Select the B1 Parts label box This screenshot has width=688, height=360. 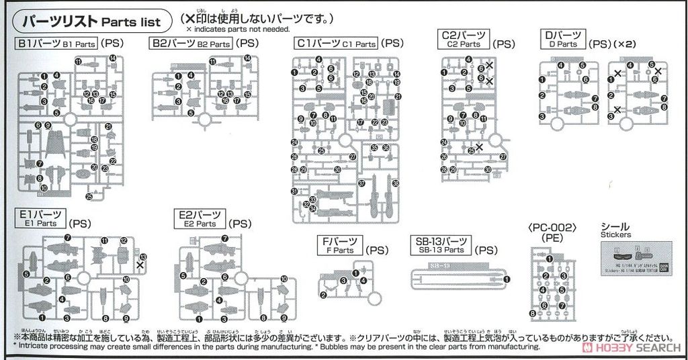(58, 44)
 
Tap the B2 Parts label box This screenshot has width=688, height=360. (191, 44)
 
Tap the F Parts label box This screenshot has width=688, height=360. (343, 246)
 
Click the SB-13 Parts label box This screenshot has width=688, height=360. (442, 245)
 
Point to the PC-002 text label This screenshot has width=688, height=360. (552, 228)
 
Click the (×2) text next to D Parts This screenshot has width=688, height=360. (624, 44)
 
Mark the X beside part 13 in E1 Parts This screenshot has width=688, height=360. (140, 265)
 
